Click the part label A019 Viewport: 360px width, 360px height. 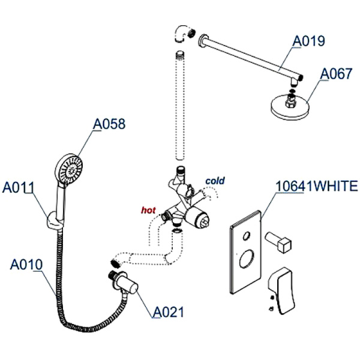point(308,41)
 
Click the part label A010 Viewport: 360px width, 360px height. point(26,265)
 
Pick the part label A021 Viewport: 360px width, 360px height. point(168,312)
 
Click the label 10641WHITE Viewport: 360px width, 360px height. point(316,186)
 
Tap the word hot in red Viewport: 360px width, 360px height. point(148,210)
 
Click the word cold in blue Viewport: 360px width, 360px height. point(214,180)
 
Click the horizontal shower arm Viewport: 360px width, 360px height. point(249,59)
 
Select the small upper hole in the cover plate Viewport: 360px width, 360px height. point(245,236)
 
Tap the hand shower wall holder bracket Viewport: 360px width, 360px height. point(53,223)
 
